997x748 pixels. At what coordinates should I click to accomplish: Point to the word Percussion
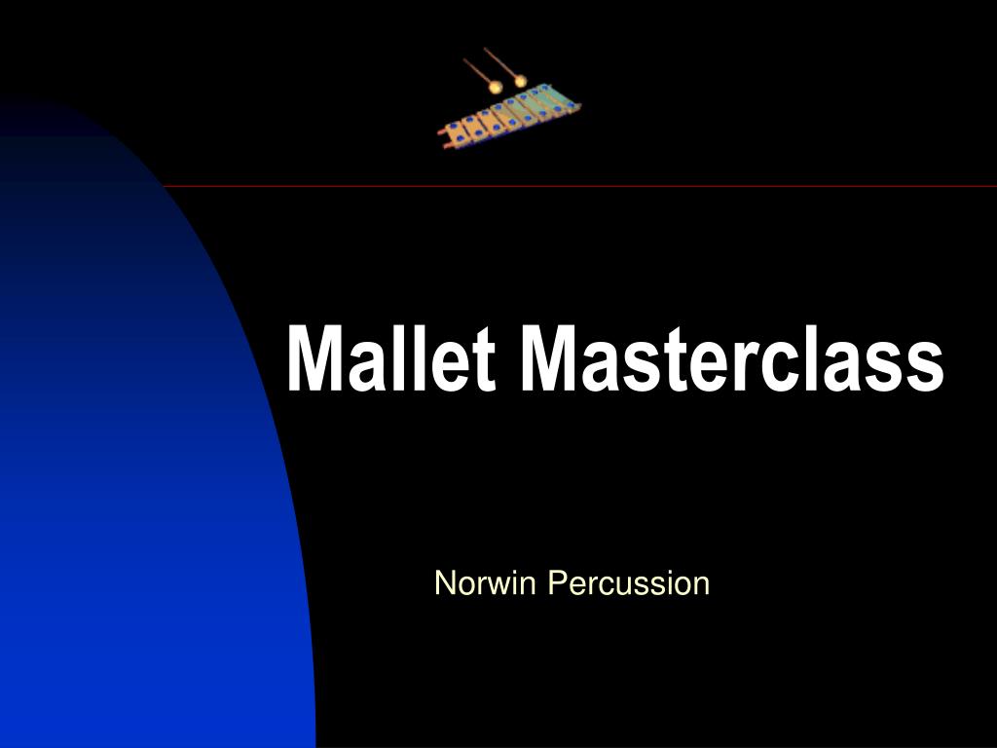click(628, 583)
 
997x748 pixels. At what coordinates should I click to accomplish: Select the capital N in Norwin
click(444, 583)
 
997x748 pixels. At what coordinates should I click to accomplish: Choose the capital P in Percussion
click(555, 583)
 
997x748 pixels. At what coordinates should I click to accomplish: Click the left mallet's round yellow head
click(497, 88)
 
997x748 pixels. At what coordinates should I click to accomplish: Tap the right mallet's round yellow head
click(520, 81)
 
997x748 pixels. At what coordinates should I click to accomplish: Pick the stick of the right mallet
click(499, 62)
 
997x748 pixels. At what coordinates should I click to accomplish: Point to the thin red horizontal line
click(584, 186)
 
